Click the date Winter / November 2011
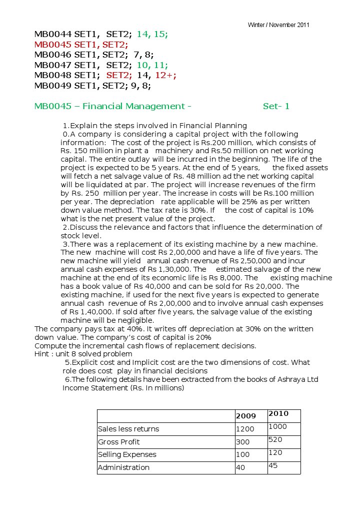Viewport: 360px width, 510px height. pos(278,25)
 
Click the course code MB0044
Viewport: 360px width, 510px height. pos(53,35)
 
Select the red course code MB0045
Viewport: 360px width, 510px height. pos(53,45)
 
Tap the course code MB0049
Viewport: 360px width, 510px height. pos(53,86)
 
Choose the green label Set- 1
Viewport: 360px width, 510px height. pos(276,106)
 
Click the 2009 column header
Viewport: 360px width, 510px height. pos(245,416)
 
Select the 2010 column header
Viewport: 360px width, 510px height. pos(278,414)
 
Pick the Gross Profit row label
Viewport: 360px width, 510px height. pos(119,442)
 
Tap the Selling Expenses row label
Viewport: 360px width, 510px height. pos(127,454)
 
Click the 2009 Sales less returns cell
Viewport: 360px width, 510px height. pos(245,429)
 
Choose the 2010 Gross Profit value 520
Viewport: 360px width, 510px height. pos(275,439)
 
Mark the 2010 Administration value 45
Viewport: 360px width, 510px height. pos(273,465)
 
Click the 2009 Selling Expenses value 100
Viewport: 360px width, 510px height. pos(243,454)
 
